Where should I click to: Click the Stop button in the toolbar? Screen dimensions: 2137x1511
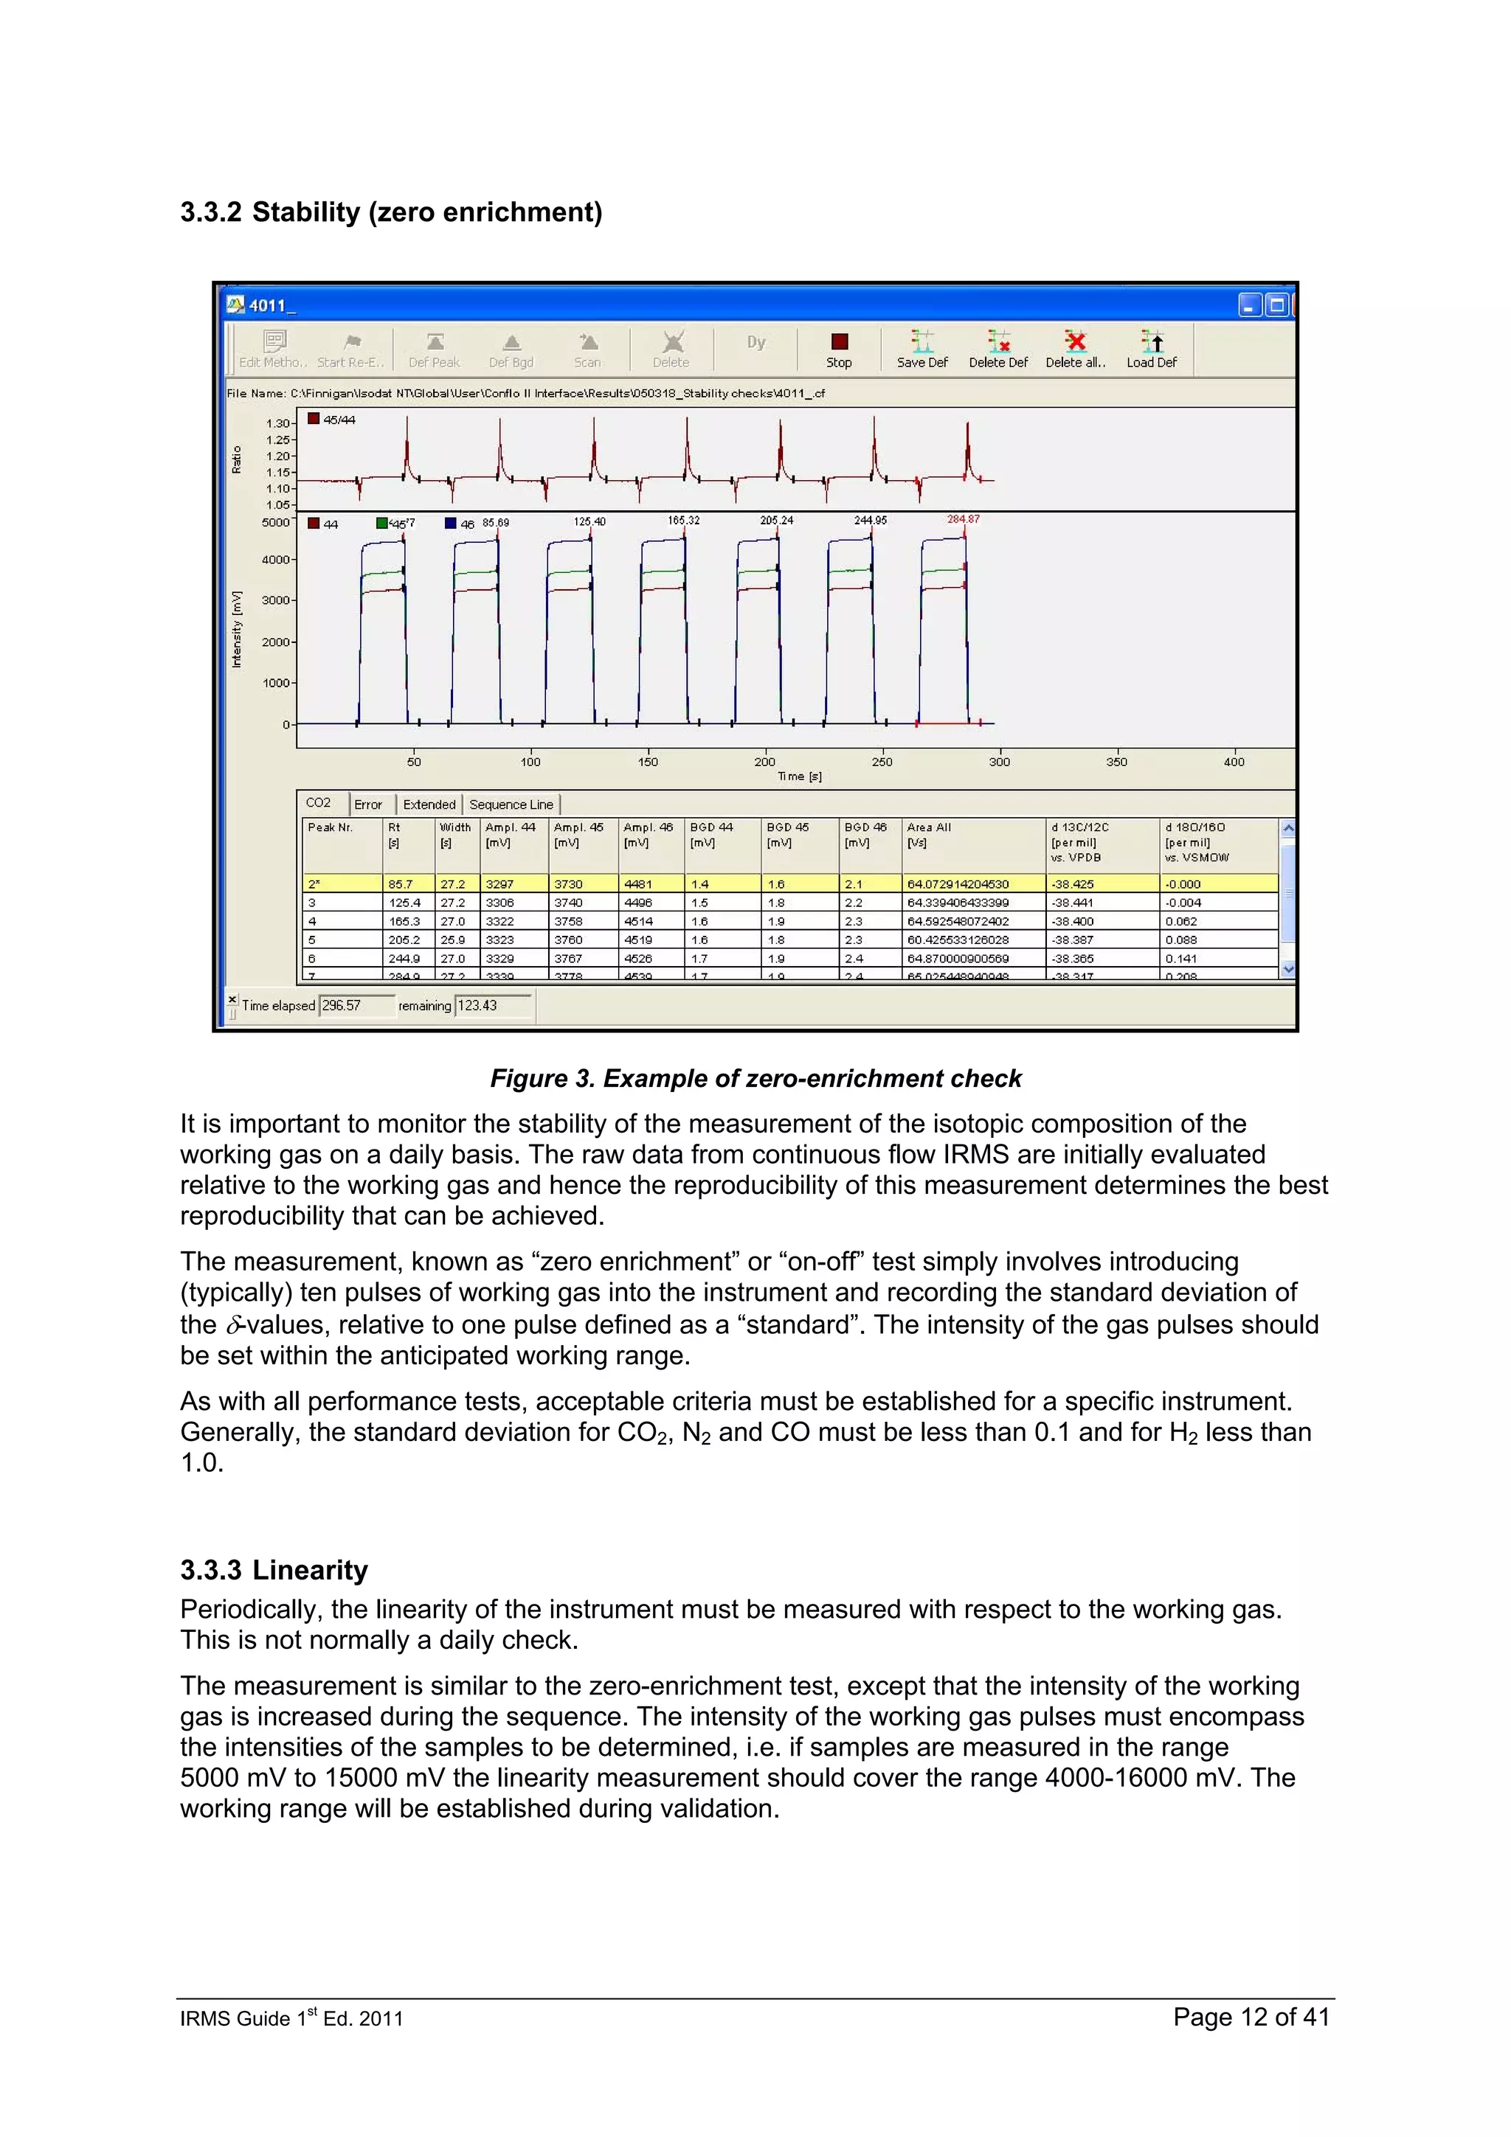[x=839, y=349]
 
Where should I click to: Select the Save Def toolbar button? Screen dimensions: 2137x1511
[x=922, y=349]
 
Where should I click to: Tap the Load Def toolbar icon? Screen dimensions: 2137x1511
[x=1152, y=349]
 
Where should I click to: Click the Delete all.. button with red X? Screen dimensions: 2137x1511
[x=1075, y=349]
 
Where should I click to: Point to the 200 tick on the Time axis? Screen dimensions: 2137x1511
[x=764, y=761]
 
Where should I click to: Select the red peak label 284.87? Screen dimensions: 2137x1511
[x=963, y=519]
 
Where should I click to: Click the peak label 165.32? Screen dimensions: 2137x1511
[x=683, y=521]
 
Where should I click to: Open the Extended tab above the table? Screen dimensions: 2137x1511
[x=429, y=805]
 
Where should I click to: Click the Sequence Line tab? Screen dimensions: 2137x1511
[x=511, y=805]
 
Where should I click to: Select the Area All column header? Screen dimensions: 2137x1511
[x=929, y=827]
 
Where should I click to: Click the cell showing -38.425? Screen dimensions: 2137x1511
[x=1073, y=884]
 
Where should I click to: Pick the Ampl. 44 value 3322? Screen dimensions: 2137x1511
[x=500, y=922]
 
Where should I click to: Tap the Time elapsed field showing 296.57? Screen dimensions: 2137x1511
[x=355, y=1005]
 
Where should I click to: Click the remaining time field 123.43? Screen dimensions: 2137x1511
[x=491, y=1005]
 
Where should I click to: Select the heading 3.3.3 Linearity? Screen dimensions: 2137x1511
[x=274, y=1570]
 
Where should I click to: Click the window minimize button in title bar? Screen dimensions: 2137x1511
[x=1249, y=305]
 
